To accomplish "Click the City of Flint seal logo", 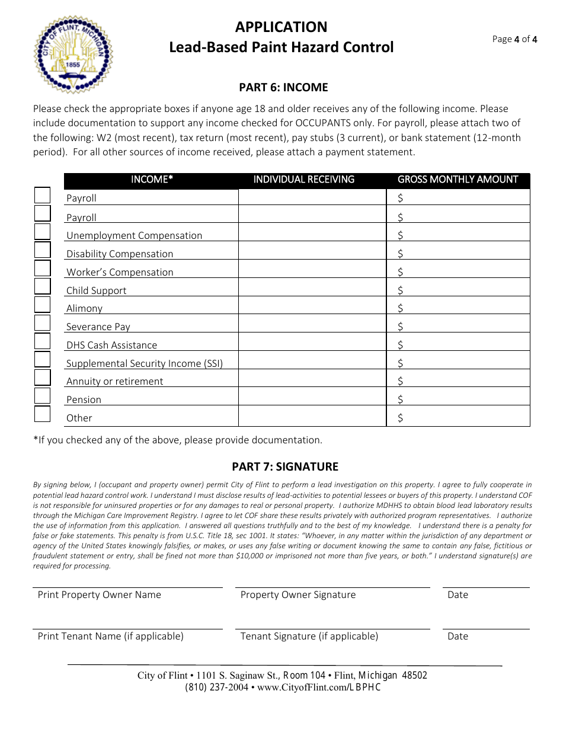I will point(73,54).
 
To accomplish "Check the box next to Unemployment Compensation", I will point(42,232).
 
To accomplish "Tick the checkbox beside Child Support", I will point(42,287).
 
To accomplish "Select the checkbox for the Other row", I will point(42,414).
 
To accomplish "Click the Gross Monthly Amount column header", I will point(458,180).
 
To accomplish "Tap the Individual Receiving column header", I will point(303,180).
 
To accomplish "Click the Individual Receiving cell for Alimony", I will point(312,306).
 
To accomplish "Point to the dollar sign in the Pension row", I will point(401,399).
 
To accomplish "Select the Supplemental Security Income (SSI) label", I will point(144,363).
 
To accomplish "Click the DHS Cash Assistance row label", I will point(111,345).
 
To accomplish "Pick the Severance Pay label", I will point(98,327).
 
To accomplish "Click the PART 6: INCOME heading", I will point(283,87).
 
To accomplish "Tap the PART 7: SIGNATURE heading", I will point(284,466).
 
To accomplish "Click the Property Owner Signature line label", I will point(298,594).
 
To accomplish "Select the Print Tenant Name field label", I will point(110,636).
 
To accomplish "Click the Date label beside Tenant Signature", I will point(458,636).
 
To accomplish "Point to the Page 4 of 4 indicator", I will point(514,40).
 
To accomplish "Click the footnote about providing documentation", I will point(178,440).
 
